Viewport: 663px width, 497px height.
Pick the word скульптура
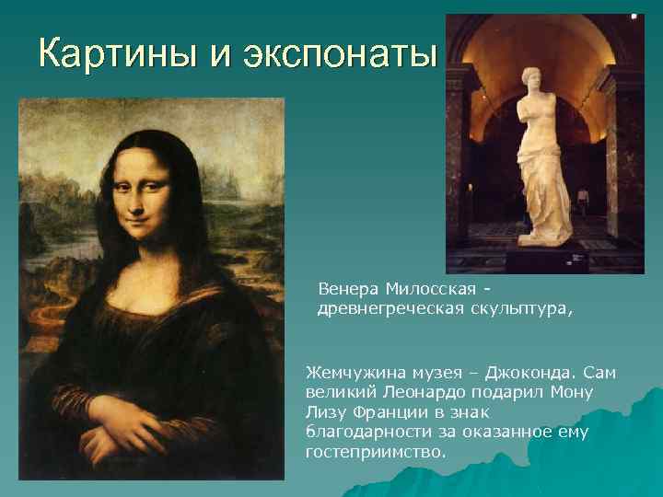[520, 310]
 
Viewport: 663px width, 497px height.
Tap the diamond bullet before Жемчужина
[297, 373]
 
